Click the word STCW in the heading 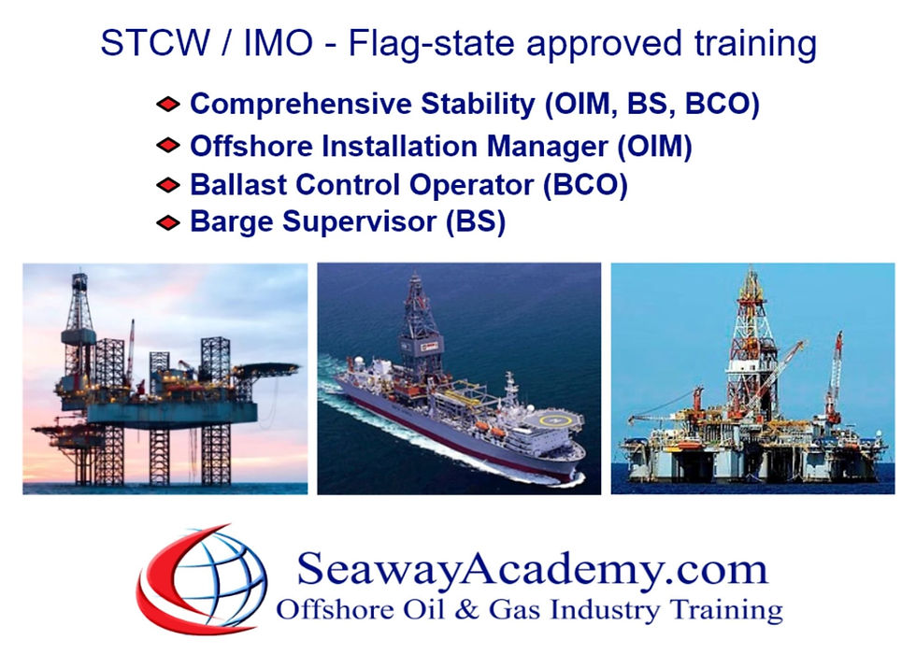click(x=155, y=42)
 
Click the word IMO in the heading click(x=278, y=42)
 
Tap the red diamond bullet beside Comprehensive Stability click(x=168, y=105)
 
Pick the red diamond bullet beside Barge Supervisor click(x=168, y=222)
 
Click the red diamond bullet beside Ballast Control click(x=168, y=185)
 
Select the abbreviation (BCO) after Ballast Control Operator click(x=585, y=185)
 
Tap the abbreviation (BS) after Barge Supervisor click(x=476, y=222)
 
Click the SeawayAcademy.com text click(x=532, y=569)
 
